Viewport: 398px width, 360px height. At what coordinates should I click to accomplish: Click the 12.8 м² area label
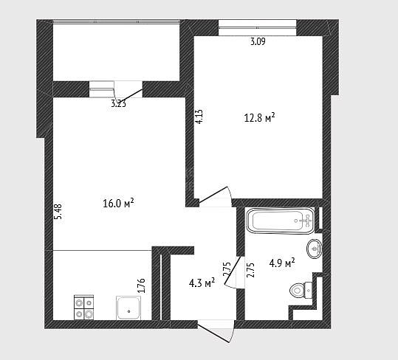pyautogui.click(x=259, y=118)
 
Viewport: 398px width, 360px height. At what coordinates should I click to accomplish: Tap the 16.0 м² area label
pyautogui.click(x=118, y=203)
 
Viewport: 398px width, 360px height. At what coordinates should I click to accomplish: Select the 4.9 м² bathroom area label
pyautogui.click(x=282, y=263)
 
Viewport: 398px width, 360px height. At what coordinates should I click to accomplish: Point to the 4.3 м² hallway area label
pyautogui.click(x=202, y=283)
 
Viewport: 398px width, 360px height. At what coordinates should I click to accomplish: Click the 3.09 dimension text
pyautogui.click(x=258, y=41)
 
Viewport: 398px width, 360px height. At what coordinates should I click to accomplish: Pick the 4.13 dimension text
pyautogui.click(x=199, y=117)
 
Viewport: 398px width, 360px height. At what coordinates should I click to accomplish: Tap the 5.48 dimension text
pyautogui.click(x=58, y=212)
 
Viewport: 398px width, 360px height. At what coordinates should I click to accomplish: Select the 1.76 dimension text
pyautogui.click(x=141, y=285)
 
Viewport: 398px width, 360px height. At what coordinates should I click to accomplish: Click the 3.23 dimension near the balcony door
pyautogui.click(x=119, y=103)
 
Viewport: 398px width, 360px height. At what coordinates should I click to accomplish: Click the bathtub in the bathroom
pyautogui.click(x=281, y=221)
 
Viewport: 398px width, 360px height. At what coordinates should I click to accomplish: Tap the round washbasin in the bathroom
pyautogui.click(x=315, y=249)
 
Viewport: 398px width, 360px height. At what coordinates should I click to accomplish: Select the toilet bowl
pyautogui.click(x=301, y=290)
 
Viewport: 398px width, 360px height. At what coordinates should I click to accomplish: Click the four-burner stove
pyautogui.click(x=83, y=308)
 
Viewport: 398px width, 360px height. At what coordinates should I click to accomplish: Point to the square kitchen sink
pyautogui.click(x=128, y=308)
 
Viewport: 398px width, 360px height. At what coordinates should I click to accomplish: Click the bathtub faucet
pyautogui.click(x=306, y=221)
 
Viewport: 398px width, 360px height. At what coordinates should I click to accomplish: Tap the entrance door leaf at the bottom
pyautogui.click(x=213, y=331)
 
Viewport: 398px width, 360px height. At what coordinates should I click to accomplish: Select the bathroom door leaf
pyautogui.click(x=233, y=270)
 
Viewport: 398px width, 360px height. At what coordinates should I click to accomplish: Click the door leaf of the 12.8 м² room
pyautogui.click(x=213, y=195)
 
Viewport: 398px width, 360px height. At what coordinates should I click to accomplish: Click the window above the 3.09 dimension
pyautogui.click(x=258, y=27)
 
